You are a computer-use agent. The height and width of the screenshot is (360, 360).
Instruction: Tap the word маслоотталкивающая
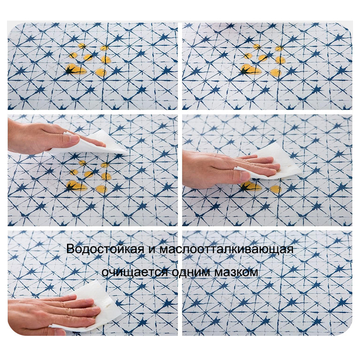[x=226, y=249]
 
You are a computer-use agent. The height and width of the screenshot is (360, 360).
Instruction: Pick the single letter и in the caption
[x=152, y=250]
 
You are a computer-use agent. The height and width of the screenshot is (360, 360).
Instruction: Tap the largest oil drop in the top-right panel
[x=251, y=70]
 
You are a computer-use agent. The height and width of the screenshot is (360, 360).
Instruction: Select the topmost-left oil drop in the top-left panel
[x=81, y=46]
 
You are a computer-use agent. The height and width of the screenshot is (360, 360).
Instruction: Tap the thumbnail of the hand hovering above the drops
[x=74, y=138]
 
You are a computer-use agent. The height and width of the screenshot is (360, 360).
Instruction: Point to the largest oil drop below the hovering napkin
[x=76, y=186]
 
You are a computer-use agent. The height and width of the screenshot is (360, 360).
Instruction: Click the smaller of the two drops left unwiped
[x=276, y=189]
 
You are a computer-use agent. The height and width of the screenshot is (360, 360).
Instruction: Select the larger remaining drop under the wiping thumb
[x=251, y=186]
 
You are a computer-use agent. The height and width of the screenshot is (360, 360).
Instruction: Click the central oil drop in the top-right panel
[x=263, y=58]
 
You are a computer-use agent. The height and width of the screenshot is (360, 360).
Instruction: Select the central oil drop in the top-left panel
[x=88, y=57]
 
